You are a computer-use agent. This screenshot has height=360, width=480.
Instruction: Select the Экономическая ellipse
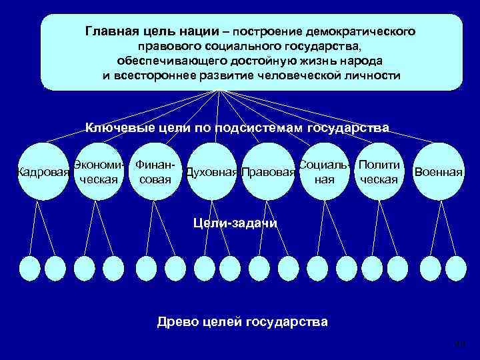pyautogui.click(x=99, y=172)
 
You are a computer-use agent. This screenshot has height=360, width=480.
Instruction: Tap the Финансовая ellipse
pyautogui.click(x=155, y=172)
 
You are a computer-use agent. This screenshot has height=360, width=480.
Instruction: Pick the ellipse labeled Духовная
pyautogui.click(x=211, y=173)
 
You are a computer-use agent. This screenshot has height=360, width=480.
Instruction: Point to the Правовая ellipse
pyautogui.click(x=268, y=173)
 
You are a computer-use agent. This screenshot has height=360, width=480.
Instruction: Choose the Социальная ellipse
pyautogui.click(x=324, y=172)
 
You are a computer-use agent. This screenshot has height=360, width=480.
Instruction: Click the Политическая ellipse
pyautogui.click(x=379, y=172)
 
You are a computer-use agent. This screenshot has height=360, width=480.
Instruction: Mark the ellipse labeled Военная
pyautogui.click(x=437, y=172)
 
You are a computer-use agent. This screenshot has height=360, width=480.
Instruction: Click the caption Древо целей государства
pyautogui.click(x=242, y=322)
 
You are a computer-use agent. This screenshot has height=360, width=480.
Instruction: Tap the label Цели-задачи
pyautogui.click(x=235, y=223)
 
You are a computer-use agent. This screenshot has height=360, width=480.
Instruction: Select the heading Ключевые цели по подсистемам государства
pyautogui.click(x=237, y=127)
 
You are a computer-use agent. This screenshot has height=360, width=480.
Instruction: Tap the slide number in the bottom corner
pyautogui.click(x=459, y=344)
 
